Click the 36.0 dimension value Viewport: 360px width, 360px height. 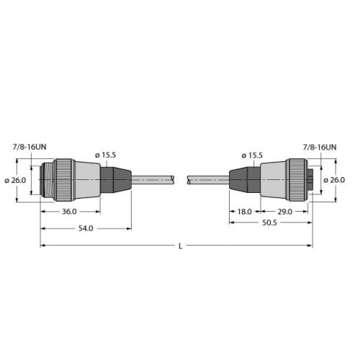[x=69, y=212]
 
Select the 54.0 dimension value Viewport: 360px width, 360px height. [x=85, y=228]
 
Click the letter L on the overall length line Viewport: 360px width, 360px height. [x=180, y=246]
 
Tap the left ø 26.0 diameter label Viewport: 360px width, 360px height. [x=17, y=180]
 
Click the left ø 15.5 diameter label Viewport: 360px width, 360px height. [x=107, y=155]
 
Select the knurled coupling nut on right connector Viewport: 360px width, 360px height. [x=297, y=180]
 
